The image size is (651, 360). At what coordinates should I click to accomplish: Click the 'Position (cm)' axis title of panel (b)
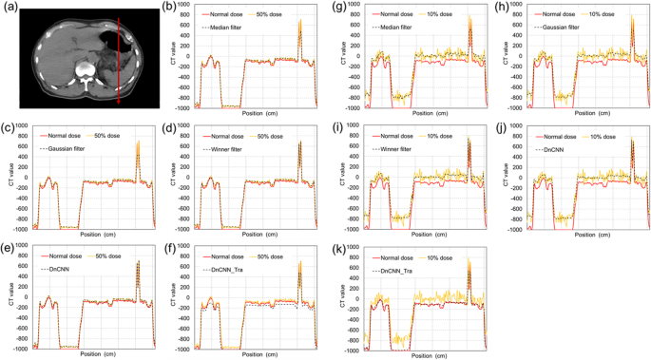(253, 112)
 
